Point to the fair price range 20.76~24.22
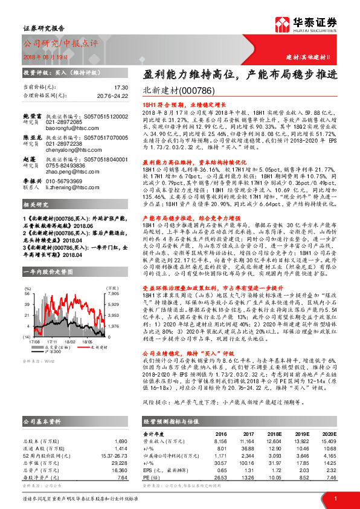[x=112, y=96]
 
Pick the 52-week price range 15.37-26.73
[x=112, y=455]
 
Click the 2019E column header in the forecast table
[x=302, y=433]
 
